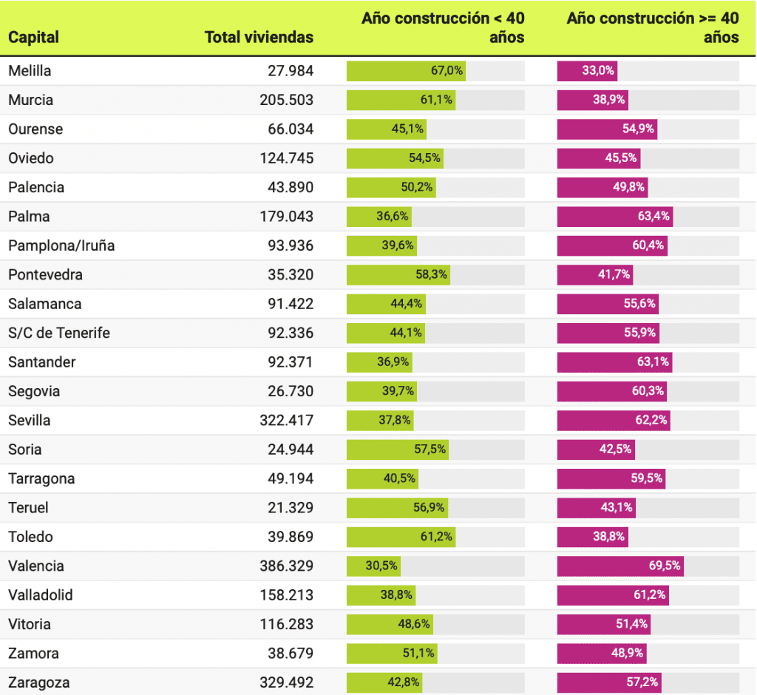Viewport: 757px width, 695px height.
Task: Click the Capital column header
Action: pyautogui.click(x=33, y=37)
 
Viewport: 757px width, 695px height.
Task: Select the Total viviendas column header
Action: pyautogui.click(x=259, y=37)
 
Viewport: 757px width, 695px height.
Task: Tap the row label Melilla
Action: pyautogui.click(x=30, y=71)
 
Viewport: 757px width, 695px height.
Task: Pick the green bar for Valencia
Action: pyautogui.click(x=373, y=566)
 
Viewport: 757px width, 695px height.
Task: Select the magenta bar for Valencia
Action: pyautogui.click(x=619, y=566)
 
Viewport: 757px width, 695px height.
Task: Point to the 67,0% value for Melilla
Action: pyautogui.click(x=447, y=71)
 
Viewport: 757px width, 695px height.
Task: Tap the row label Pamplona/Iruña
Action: pyautogui.click(x=61, y=245)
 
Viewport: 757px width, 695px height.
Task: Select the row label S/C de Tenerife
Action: pyautogui.click(x=59, y=333)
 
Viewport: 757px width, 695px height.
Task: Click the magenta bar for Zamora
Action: pyautogui.click(x=601, y=654)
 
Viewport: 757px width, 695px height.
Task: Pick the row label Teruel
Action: pyautogui.click(x=30, y=508)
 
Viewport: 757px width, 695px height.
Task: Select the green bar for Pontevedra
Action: pyautogui.click(x=398, y=275)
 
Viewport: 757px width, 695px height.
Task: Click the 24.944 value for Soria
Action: pyautogui.click(x=291, y=450)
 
